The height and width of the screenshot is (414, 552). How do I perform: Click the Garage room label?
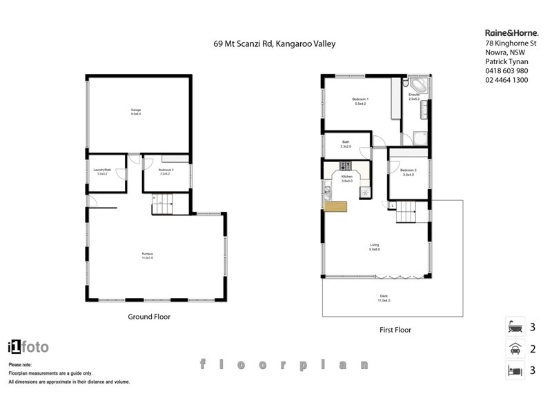(x=136, y=111)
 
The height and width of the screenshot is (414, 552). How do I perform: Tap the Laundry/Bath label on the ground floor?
(x=102, y=172)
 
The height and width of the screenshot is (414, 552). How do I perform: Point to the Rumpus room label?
(x=147, y=256)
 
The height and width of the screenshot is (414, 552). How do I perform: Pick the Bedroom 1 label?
(x=359, y=101)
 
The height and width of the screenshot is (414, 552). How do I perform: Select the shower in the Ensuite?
(x=418, y=138)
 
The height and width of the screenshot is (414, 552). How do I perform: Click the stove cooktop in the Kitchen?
(x=345, y=166)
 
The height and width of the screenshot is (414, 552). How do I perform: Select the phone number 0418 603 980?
(x=507, y=70)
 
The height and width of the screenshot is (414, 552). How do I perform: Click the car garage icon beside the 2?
(x=513, y=349)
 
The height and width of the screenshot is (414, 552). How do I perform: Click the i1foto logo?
(x=28, y=347)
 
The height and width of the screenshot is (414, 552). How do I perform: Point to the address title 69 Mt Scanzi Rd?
(x=274, y=44)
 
